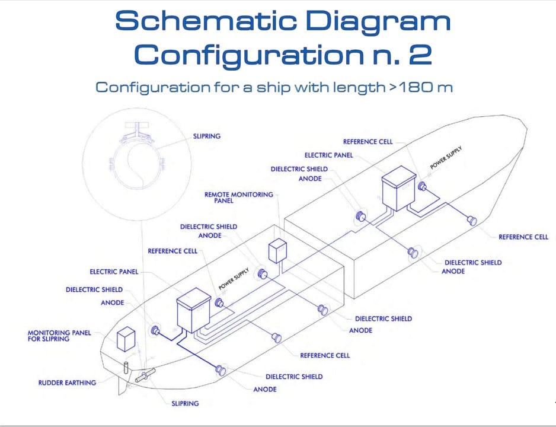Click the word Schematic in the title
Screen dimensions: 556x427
pos(206,21)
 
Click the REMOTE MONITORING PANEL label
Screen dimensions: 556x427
pos(239,197)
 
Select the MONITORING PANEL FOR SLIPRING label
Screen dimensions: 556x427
pos(59,336)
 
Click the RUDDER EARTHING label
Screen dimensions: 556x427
pos(67,383)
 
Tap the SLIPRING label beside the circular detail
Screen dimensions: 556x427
pos(207,136)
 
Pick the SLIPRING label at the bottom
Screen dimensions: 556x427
pos(185,403)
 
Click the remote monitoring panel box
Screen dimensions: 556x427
pos(277,251)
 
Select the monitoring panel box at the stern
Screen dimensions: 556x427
pos(126,339)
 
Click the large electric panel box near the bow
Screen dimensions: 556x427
pos(398,188)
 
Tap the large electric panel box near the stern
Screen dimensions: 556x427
pos(194,310)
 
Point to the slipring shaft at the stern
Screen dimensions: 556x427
pos(145,375)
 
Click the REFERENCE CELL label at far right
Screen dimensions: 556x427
pos(523,237)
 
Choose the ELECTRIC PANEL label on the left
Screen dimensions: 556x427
pos(114,272)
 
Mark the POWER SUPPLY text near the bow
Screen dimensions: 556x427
pos(446,157)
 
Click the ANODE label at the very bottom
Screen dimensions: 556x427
pos(265,390)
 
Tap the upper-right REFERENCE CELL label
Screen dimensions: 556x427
pos(368,142)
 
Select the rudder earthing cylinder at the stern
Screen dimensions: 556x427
pos(126,368)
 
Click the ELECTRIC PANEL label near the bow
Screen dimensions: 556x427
pos(329,155)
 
